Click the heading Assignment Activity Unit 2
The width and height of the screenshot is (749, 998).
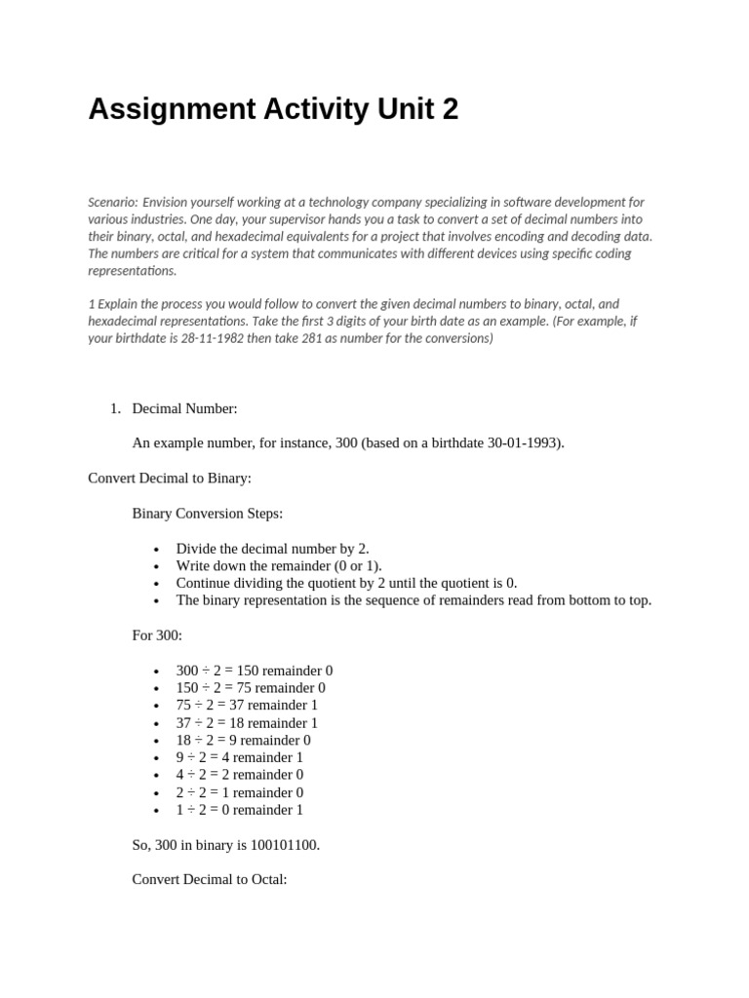pos(273,110)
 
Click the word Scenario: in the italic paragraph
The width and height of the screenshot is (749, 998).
pos(112,202)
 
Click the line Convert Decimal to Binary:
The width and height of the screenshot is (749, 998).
pos(170,478)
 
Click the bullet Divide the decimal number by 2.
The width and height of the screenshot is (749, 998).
pos(272,548)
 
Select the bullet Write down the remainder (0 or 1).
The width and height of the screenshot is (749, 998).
pos(279,565)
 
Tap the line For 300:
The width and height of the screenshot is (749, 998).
pos(157,635)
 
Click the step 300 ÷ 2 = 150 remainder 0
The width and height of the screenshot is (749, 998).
pos(255,671)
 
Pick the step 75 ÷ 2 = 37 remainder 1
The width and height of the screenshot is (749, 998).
pos(247,705)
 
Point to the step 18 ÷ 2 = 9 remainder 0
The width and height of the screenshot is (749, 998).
pos(243,740)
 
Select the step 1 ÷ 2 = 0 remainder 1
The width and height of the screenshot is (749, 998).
pos(239,810)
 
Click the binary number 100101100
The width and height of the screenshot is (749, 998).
pos(283,845)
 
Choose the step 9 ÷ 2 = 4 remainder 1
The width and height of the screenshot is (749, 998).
pos(239,757)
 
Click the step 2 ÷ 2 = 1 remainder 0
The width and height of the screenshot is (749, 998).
pos(239,792)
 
